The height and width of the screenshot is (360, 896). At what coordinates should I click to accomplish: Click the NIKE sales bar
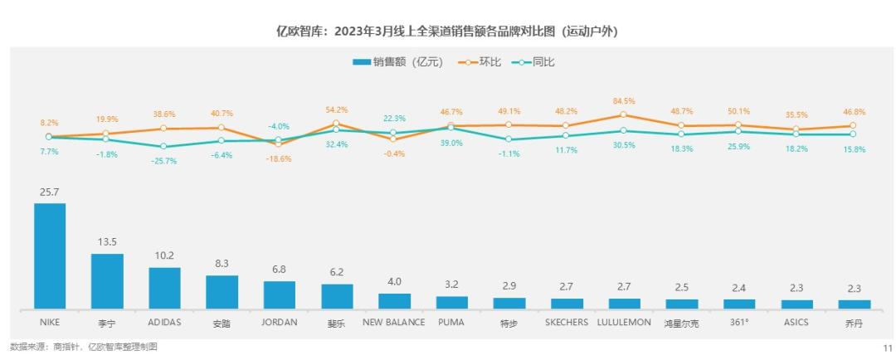pyautogui.click(x=50, y=255)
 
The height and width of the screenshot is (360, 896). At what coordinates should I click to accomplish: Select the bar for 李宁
pyautogui.click(x=107, y=281)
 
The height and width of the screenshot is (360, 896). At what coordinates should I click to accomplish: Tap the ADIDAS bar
pyautogui.click(x=164, y=288)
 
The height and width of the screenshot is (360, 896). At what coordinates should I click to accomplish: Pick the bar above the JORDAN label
pyautogui.click(x=279, y=294)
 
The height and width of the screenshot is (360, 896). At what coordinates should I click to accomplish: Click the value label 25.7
pyautogui.click(x=50, y=192)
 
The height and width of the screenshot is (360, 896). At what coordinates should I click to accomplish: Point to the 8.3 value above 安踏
pyautogui.click(x=222, y=264)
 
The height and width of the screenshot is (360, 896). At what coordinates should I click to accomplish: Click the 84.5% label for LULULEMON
pyautogui.click(x=623, y=101)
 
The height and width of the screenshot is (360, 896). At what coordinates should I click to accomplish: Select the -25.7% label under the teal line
pyautogui.click(x=164, y=161)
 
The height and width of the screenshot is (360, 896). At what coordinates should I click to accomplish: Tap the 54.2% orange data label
pyautogui.click(x=336, y=109)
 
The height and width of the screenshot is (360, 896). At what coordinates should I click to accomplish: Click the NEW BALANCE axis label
pyautogui.click(x=394, y=322)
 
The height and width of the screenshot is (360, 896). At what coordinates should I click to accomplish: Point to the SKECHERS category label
pyautogui.click(x=567, y=322)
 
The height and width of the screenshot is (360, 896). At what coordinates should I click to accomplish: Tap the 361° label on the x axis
pyautogui.click(x=738, y=322)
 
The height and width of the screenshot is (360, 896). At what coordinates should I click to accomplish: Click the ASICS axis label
pyautogui.click(x=796, y=322)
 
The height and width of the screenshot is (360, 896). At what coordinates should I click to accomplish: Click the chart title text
pyautogui.click(x=447, y=32)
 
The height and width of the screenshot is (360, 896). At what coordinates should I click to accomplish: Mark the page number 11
pyautogui.click(x=886, y=348)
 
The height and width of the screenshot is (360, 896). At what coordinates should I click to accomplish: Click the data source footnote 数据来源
pyautogui.click(x=83, y=347)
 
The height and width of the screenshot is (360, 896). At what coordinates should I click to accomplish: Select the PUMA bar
pyautogui.click(x=451, y=302)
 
